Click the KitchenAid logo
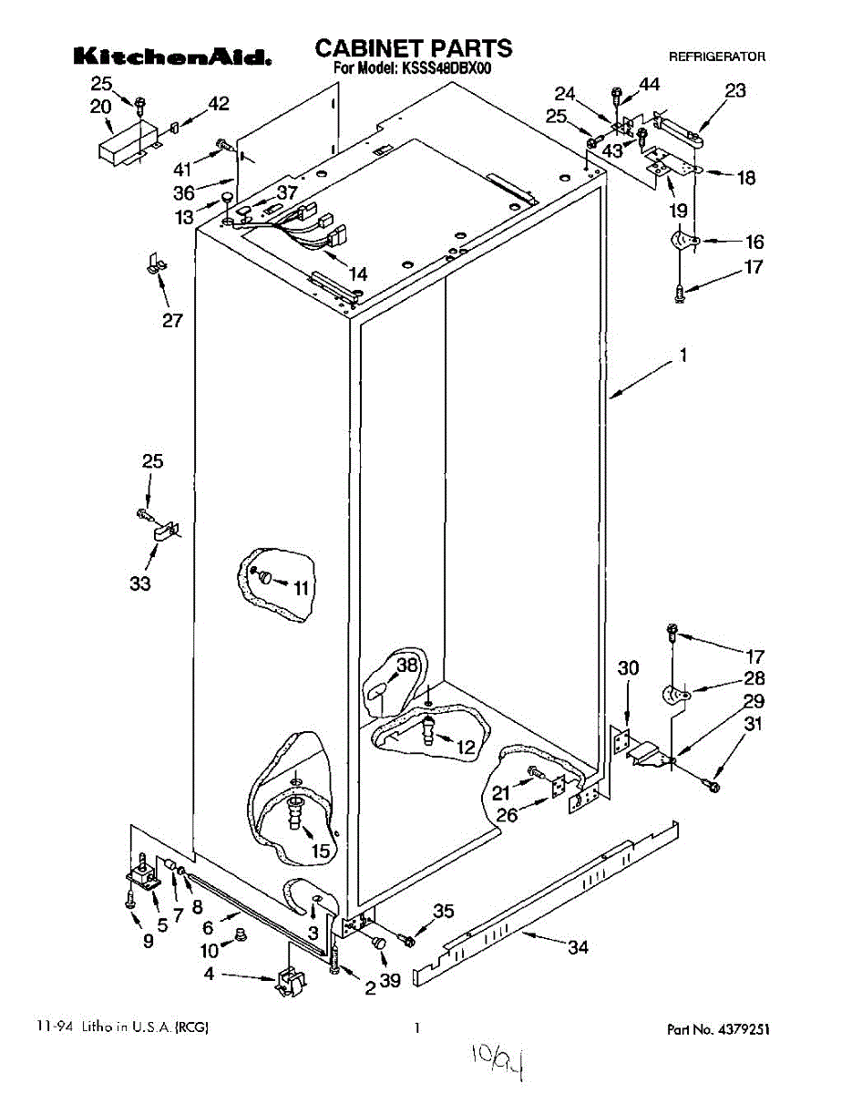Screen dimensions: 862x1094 [172, 57]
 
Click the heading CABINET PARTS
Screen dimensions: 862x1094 [414, 49]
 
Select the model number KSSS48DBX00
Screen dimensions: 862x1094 [446, 68]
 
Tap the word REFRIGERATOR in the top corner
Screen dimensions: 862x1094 [716, 57]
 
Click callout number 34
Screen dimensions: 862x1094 [578, 947]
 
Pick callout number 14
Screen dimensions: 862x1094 [358, 274]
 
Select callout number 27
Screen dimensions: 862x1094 [172, 321]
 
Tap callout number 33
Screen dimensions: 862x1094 [140, 583]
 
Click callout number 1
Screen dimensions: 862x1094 [683, 355]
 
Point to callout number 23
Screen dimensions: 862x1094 [735, 90]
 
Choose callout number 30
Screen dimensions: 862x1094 [628, 667]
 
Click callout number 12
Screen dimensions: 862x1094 [466, 747]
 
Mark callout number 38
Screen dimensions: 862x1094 [406, 665]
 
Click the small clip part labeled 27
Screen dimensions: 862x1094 [156, 263]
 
